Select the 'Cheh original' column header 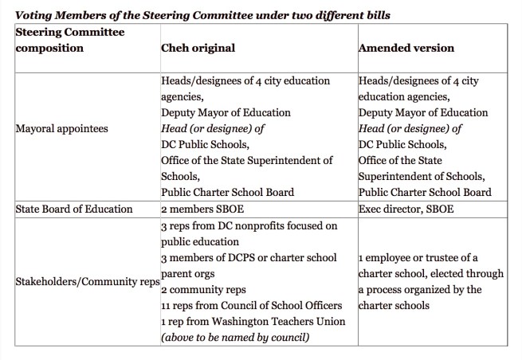click(x=198, y=48)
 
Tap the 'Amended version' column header click(x=406, y=48)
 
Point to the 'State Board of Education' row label click(x=73, y=209)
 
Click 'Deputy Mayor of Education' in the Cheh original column click(x=226, y=112)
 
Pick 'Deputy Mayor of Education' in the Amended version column click(x=424, y=112)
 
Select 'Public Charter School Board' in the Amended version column click(x=425, y=192)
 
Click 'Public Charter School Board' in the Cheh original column click(x=227, y=192)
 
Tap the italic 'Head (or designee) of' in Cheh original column click(x=210, y=128)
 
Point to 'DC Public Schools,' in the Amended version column click(x=403, y=144)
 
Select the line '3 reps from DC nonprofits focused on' click(x=249, y=226)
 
